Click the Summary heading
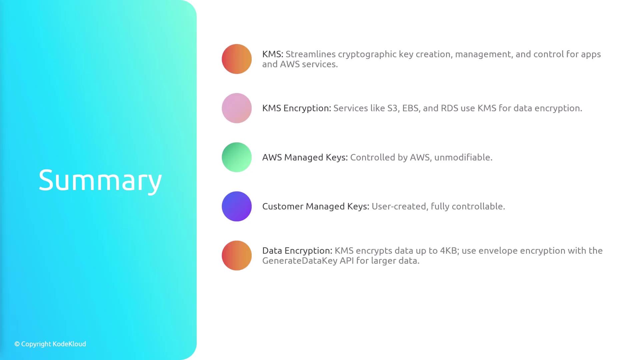(x=100, y=180)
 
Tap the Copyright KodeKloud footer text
(x=50, y=344)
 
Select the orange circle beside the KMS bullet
(x=237, y=59)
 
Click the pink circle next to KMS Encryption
(x=237, y=108)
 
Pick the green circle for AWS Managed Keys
(x=237, y=157)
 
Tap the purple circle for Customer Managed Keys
(x=237, y=206)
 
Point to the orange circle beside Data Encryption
(x=237, y=255)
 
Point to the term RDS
(x=450, y=108)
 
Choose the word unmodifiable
(x=463, y=157)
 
